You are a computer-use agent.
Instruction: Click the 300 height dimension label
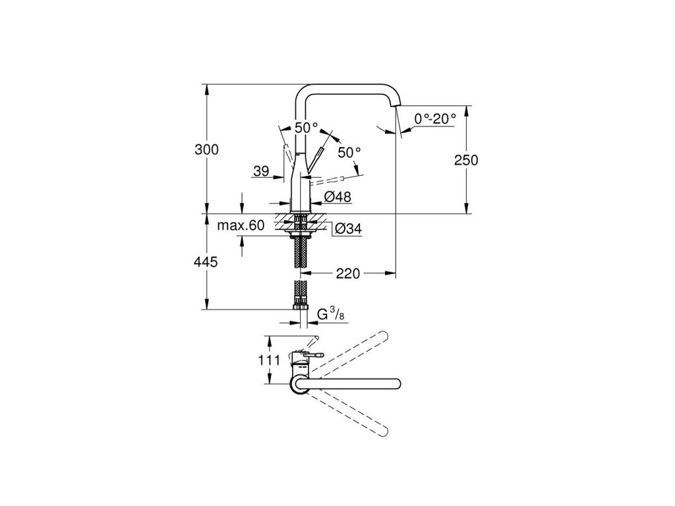pyautogui.click(x=206, y=149)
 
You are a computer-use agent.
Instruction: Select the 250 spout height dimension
pyautogui.click(x=465, y=160)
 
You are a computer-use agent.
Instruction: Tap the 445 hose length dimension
pyautogui.click(x=206, y=262)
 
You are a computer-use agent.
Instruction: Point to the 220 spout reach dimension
pyautogui.click(x=347, y=273)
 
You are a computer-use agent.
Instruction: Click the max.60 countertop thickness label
pyautogui.click(x=241, y=225)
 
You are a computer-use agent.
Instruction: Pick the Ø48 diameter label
pyautogui.click(x=337, y=196)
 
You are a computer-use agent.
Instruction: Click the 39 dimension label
pyautogui.click(x=261, y=171)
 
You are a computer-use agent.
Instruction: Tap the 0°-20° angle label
pyautogui.click(x=436, y=119)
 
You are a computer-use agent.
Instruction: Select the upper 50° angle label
pyautogui.click(x=306, y=128)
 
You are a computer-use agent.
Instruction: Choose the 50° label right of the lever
pyautogui.click(x=349, y=152)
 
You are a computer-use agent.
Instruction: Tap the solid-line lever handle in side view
pyautogui.click(x=315, y=159)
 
